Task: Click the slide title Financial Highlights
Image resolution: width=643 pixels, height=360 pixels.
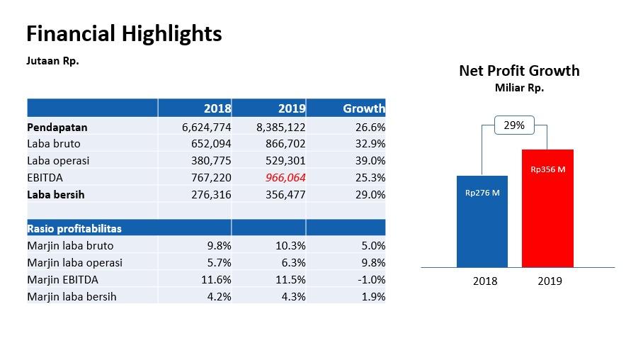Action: pyautogui.click(x=124, y=33)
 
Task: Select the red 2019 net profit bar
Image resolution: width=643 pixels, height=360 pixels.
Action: pyautogui.click(x=547, y=213)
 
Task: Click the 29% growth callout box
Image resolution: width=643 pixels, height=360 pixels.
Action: pyautogui.click(x=514, y=125)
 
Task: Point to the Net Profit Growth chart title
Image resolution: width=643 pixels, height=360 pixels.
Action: pyautogui.click(x=519, y=70)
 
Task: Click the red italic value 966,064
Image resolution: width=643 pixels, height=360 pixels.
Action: pyautogui.click(x=285, y=178)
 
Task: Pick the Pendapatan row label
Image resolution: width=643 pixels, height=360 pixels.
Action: pyautogui.click(x=57, y=128)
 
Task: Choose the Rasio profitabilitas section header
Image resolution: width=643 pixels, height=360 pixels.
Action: pyautogui.click(x=74, y=228)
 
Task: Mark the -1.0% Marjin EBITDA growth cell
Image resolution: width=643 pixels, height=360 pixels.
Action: pyautogui.click(x=370, y=280)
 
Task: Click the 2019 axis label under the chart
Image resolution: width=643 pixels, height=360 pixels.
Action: pyautogui.click(x=550, y=281)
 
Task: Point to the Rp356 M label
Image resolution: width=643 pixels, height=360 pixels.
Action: pyautogui.click(x=547, y=169)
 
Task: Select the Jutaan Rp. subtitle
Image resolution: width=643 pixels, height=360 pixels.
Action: pyautogui.click(x=52, y=61)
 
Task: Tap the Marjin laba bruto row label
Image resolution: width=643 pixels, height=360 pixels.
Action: pyautogui.click(x=70, y=246)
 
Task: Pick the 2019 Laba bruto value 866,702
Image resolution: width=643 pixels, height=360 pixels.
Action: pyautogui.click(x=282, y=144)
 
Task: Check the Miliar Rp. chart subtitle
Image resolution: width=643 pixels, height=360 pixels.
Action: pyautogui.click(x=519, y=89)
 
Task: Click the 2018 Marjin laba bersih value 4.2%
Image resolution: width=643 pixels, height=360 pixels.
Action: pyautogui.click(x=219, y=297)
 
